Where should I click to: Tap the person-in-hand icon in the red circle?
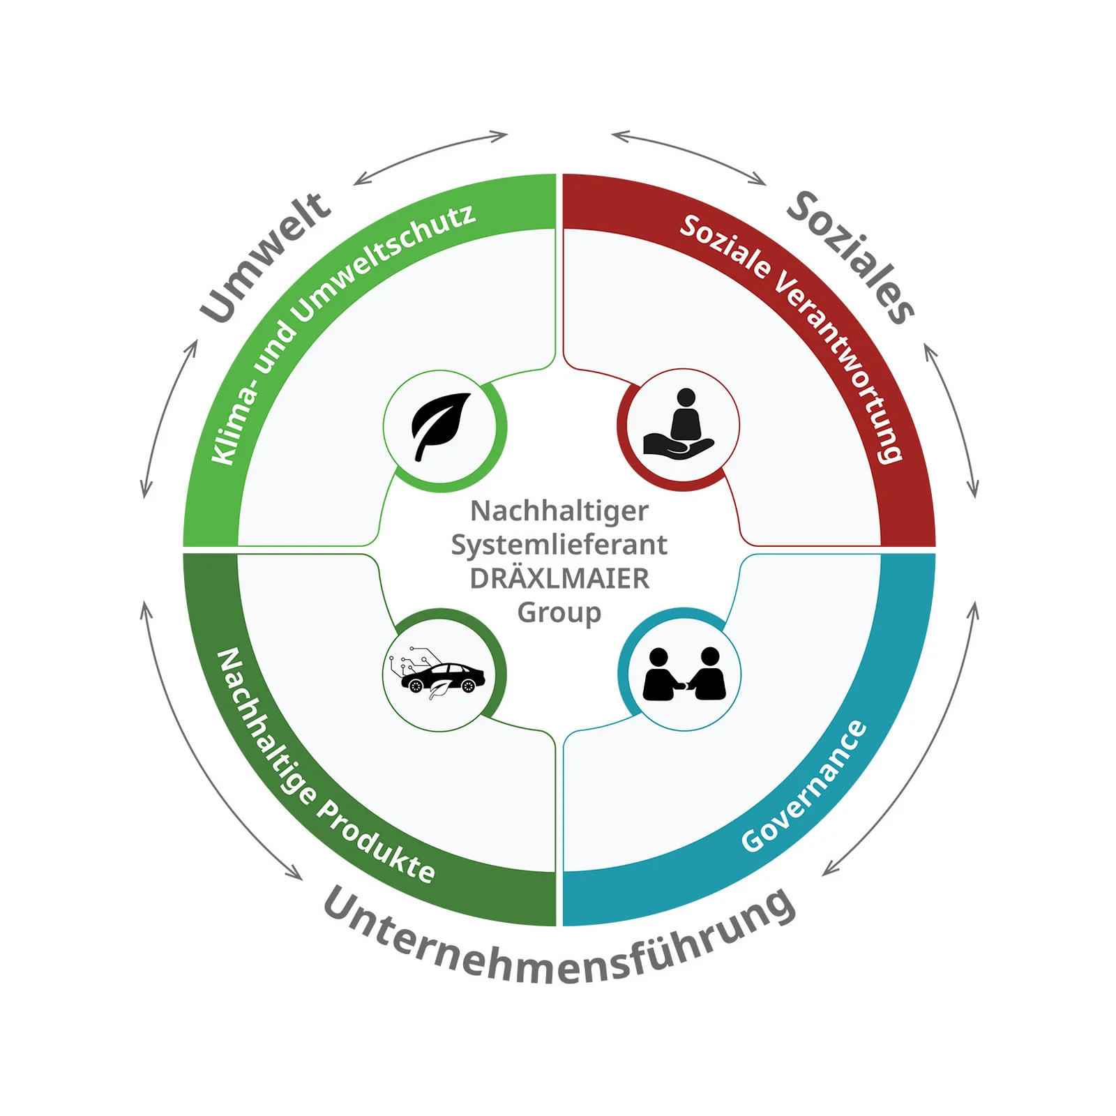tap(681, 425)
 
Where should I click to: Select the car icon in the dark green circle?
tap(441, 675)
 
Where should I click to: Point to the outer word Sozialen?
tap(851, 255)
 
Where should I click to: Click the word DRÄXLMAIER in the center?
tap(559, 578)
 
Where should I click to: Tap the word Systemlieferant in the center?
tap(559, 545)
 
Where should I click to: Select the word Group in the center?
tap(559, 612)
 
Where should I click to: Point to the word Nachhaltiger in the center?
tap(559, 511)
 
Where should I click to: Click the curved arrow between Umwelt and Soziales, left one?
tap(430, 155)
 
